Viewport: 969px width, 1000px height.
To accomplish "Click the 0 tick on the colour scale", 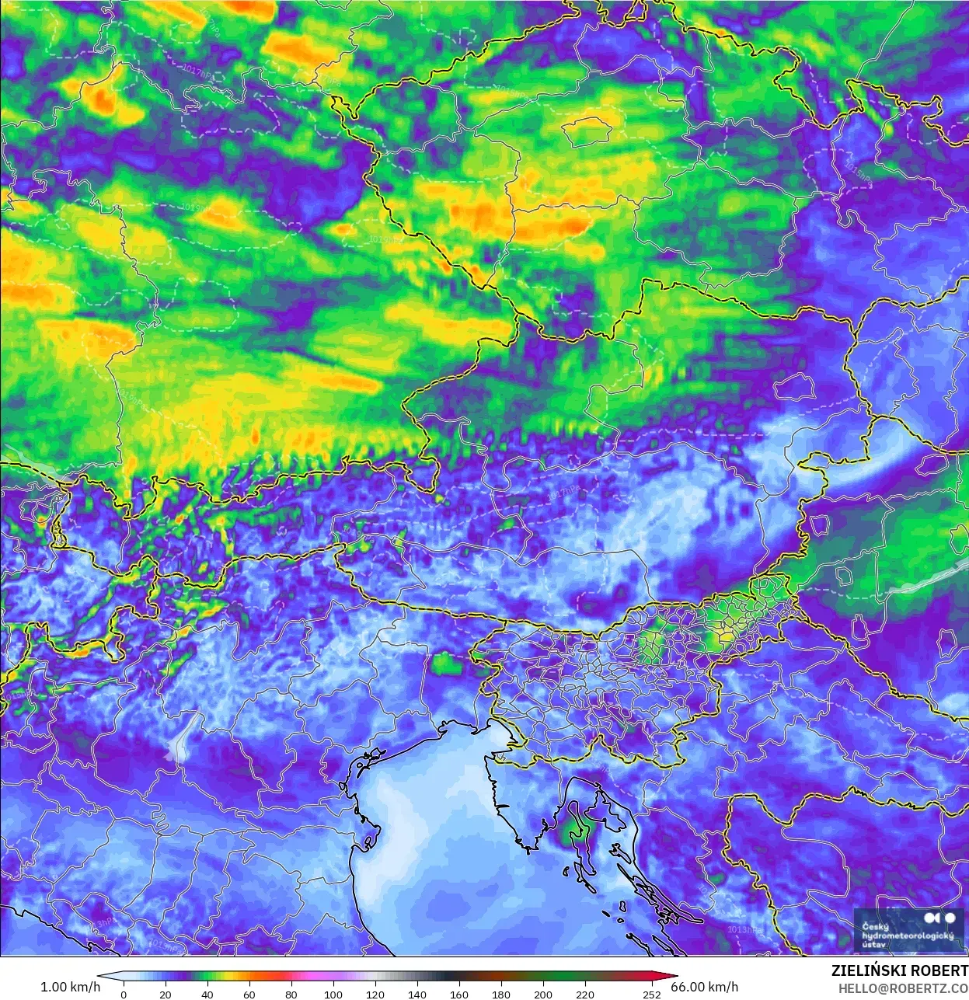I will tap(124, 994).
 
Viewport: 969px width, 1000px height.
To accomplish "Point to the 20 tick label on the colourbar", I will tap(166, 994).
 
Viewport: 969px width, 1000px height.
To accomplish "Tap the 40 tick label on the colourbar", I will tap(207, 994).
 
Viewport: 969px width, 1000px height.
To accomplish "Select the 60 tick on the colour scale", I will tap(249, 994).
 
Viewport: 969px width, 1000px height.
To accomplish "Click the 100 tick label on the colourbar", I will tap(333, 994).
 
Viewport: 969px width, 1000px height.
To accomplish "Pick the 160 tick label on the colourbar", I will tap(459, 994).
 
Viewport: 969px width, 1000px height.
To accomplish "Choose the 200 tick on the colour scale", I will tap(543, 994).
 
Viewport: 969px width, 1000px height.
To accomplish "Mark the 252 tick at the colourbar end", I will tap(652, 994).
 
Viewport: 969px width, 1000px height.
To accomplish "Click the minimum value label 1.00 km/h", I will tap(70, 987).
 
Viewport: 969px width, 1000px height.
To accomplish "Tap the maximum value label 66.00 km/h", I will tap(705, 987).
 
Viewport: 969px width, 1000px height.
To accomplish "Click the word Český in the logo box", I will tap(875, 926).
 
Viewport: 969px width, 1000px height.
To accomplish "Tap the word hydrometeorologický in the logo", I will tap(907, 936).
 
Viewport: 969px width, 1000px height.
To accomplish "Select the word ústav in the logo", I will tap(873, 945).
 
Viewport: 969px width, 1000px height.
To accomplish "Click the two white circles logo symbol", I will tap(941, 918).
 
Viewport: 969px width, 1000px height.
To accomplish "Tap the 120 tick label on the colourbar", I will tap(375, 994).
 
